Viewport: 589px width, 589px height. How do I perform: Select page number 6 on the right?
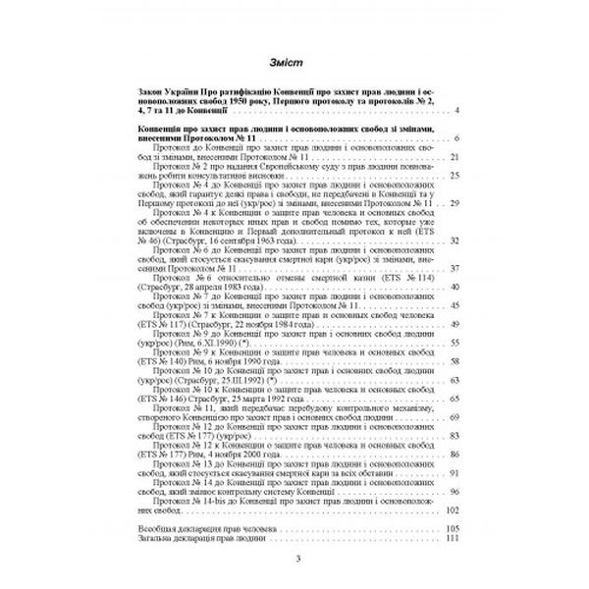(456, 140)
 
